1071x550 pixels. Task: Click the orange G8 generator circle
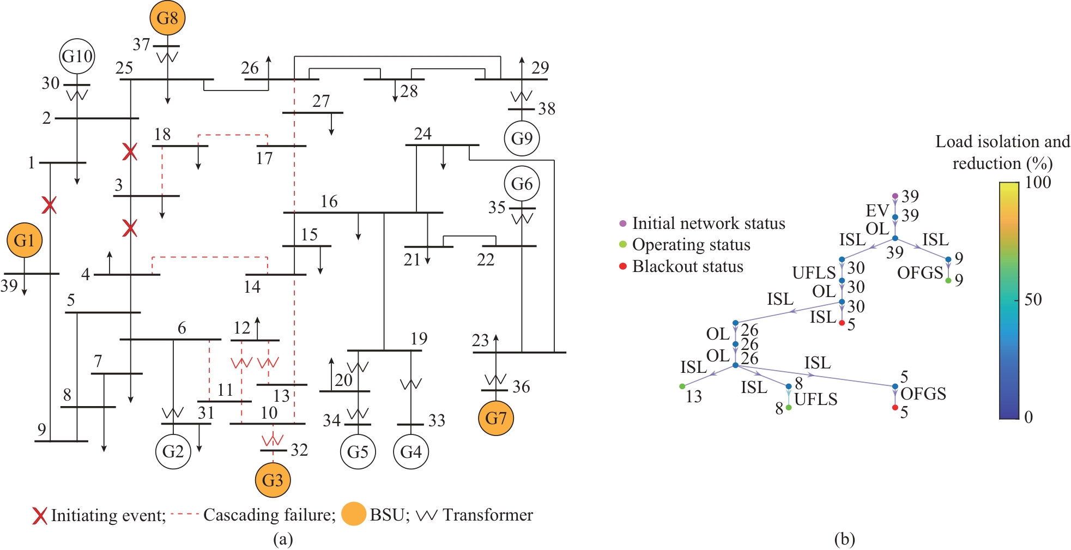[x=167, y=18]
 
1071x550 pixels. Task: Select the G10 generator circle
[x=77, y=56]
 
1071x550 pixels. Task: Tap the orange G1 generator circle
[x=24, y=240]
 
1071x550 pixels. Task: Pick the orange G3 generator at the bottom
[x=273, y=480]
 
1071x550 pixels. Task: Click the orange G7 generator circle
[x=495, y=418]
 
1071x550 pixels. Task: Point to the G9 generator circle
[x=522, y=138]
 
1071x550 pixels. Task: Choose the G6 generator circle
[x=522, y=184]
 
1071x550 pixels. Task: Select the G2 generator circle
[x=173, y=451]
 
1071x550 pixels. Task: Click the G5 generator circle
[x=358, y=451]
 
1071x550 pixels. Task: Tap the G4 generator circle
[x=410, y=451]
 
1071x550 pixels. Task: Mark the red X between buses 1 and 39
[x=50, y=206]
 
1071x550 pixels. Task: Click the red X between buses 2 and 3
[x=130, y=152]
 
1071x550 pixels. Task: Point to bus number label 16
[x=329, y=202]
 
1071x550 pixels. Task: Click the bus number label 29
[x=540, y=68]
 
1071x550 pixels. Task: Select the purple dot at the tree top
[x=895, y=196]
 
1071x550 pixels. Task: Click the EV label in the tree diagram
[x=877, y=210]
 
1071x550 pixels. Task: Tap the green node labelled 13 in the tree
[x=682, y=386]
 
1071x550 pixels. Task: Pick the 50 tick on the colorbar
[x=1032, y=300]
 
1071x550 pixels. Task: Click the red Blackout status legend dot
[x=623, y=266]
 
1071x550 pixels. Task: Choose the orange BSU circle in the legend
[x=353, y=514]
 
